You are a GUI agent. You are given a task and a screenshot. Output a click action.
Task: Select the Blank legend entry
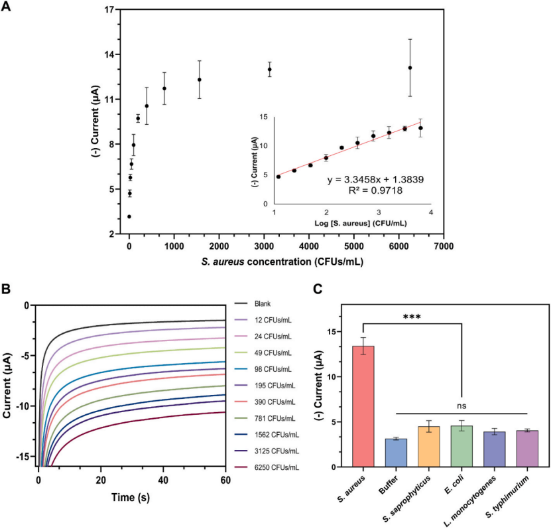tap(263, 305)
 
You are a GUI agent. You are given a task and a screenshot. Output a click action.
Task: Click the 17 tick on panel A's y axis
tap(107, 10)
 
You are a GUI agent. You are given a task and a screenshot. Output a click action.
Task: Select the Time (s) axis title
tap(133, 497)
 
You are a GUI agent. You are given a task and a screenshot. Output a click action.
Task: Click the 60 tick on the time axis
tap(225, 479)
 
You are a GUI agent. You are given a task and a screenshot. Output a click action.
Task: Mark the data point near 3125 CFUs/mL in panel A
tap(269, 69)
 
